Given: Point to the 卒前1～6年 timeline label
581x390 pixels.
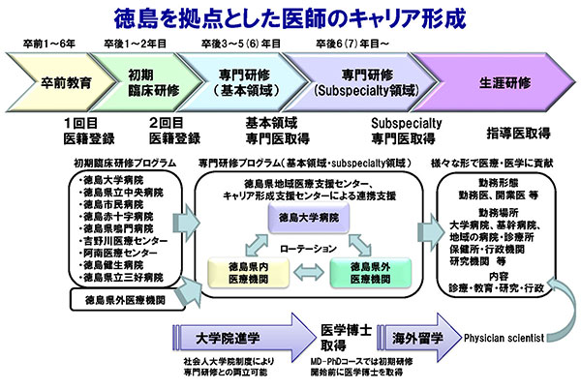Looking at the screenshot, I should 48,45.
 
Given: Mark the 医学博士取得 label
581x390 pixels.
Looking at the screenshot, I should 343,339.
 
